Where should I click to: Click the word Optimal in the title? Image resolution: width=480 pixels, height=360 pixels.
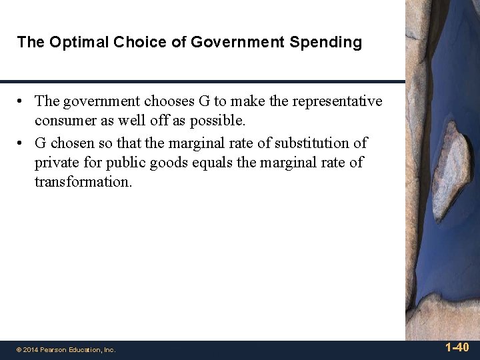[x=71, y=43]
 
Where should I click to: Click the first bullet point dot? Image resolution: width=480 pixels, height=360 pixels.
[x=22, y=101]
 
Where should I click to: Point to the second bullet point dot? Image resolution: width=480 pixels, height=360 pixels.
[x=22, y=143]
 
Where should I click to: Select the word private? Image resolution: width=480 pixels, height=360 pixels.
[x=56, y=163]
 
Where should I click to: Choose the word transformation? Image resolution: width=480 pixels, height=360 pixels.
[x=83, y=182]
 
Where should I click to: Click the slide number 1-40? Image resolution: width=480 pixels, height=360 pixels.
[x=457, y=347]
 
